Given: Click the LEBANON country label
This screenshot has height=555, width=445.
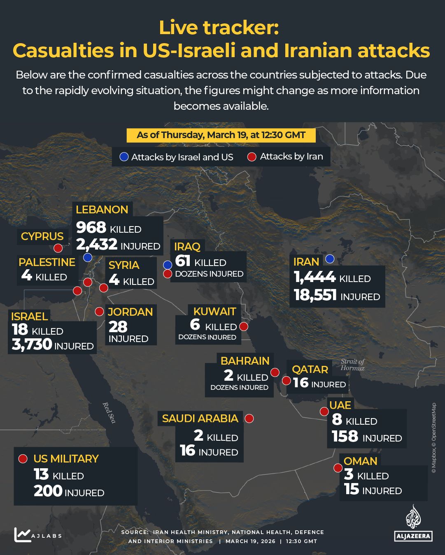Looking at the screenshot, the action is (102, 210).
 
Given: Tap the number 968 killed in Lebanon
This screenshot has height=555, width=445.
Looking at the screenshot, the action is (91, 227).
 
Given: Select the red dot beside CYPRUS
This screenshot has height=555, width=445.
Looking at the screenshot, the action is (58, 248).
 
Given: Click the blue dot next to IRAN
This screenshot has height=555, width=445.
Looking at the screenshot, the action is (329, 259).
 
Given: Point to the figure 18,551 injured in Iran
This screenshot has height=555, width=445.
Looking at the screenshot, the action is (315, 295).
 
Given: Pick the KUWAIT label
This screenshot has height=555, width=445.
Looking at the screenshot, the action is (214, 312).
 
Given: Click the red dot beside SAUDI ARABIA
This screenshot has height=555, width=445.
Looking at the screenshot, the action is (249, 419).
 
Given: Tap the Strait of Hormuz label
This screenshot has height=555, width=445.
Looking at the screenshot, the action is (352, 365).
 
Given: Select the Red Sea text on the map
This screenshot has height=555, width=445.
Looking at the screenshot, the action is (109, 412).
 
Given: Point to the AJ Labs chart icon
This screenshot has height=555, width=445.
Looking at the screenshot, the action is (22, 534).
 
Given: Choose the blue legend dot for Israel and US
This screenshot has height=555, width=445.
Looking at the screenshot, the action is (124, 157).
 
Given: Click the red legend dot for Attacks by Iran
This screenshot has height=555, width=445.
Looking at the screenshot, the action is (252, 157).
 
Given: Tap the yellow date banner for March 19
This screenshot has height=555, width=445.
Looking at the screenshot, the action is (221, 135).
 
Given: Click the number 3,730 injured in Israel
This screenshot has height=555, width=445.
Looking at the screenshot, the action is (32, 345).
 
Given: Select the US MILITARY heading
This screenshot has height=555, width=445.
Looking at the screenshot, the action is (66, 459).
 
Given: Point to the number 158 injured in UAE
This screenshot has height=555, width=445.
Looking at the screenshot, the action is (345, 437).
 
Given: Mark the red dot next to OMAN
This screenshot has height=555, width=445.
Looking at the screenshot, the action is (338, 468).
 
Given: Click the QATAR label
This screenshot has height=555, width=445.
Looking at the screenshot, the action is (310, 369).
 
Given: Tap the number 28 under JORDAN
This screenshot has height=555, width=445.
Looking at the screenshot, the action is (118, 327).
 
